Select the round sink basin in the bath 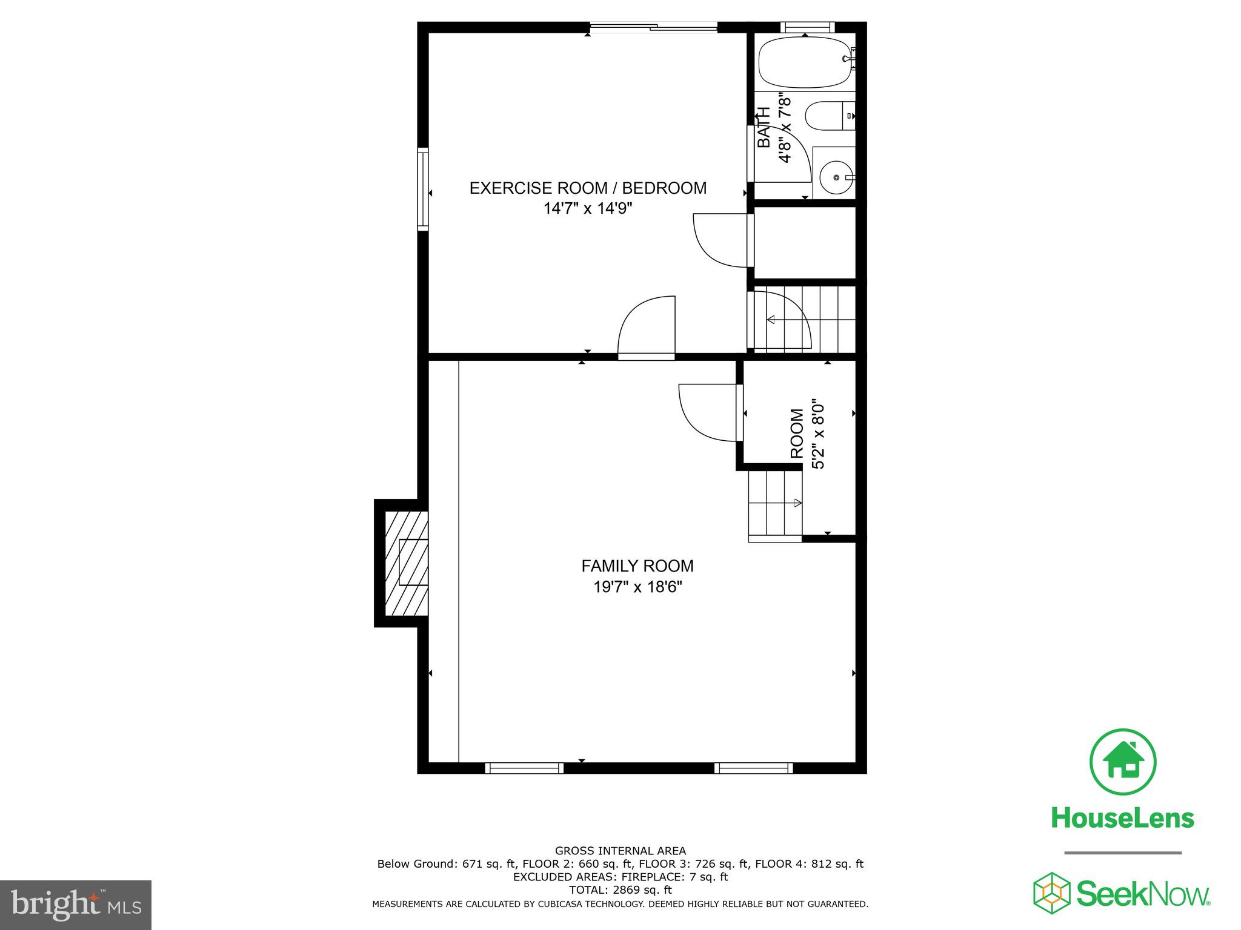click(836, 177)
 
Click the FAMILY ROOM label click(637, 566)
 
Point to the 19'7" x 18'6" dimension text click(637, 587)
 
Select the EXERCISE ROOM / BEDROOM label click(588, 188)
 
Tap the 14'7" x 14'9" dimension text click(588, 209)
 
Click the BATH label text click(765, 127)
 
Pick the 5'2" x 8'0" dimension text click(818, 434)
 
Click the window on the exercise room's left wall click(423, 188)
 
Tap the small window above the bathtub click(807, 27)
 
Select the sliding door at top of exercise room click(653, 27)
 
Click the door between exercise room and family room click(646, 356)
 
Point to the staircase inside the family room click(776, 506)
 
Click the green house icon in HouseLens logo click(1123, 762)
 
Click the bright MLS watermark click(76, 905)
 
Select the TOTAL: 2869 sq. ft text click(620, 890)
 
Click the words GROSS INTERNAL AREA click(620, 851)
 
